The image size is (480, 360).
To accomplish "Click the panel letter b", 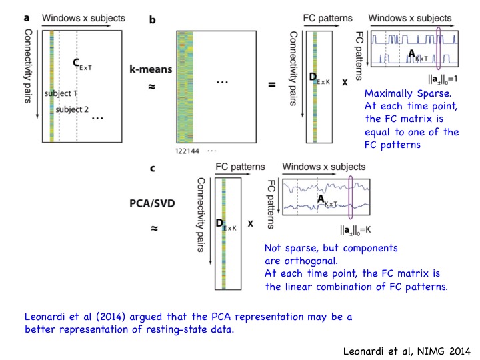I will (153, 21).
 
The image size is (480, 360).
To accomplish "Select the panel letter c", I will (153, 169).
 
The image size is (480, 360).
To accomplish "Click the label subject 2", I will (71, 109).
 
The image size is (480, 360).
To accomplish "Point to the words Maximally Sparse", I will (399, 95).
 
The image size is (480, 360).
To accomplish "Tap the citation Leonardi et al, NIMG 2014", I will (402, 349).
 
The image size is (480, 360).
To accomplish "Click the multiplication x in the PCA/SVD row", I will (250, 224).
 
